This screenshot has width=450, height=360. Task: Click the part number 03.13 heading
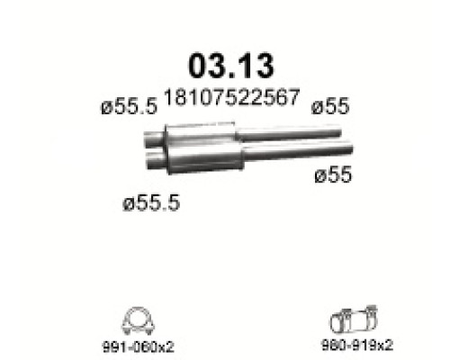coord(230,66)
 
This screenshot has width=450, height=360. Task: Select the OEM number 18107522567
coord(231,97)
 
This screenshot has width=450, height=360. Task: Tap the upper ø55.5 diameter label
coord(129,106)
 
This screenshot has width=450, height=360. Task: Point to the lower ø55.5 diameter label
coord(151,202)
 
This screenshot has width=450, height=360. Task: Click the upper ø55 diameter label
coord(330,106)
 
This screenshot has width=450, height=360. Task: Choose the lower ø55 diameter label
coord(333,175)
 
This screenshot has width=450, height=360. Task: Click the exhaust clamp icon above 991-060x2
coord(138,320)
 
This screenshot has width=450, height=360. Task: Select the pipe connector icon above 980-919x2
coord(354,320)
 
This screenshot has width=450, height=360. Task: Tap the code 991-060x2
coord(139,347)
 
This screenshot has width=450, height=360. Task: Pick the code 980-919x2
coord(357,346)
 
